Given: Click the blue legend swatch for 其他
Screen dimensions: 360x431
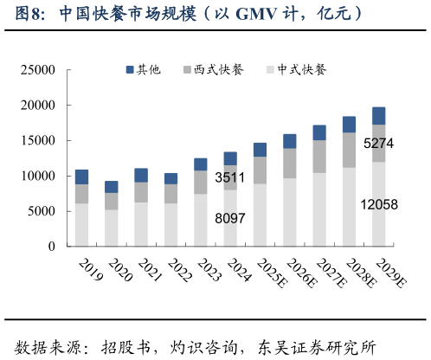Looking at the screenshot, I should click(130, 69).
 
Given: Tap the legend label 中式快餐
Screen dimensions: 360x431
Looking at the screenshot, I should click(301, 69).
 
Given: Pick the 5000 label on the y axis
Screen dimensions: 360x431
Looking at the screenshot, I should click(42, 212).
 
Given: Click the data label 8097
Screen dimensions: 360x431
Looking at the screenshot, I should click(230, 219).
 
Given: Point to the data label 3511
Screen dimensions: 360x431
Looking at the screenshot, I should click(230, 177).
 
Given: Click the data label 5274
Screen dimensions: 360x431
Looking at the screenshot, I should click(378, 144).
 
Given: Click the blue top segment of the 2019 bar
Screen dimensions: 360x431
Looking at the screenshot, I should click(82, 177).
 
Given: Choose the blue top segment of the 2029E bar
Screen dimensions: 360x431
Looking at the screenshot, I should click(378, 116).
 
